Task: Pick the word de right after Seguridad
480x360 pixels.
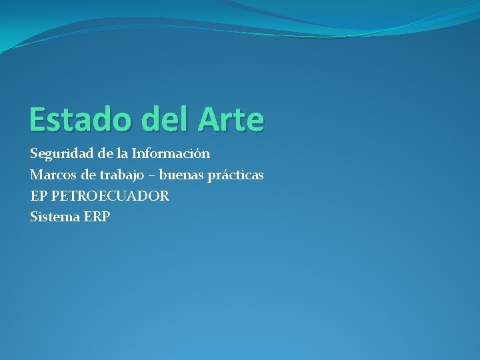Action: pos(105,154)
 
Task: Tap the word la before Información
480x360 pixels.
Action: pos(123,154)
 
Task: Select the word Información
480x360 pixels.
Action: pos(171,154)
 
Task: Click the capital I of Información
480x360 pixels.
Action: pos(134,154)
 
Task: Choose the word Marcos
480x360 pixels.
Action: pos(52,175)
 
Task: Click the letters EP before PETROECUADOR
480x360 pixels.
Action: pos(38,197)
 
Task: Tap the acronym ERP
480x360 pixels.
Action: pos(97,217)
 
